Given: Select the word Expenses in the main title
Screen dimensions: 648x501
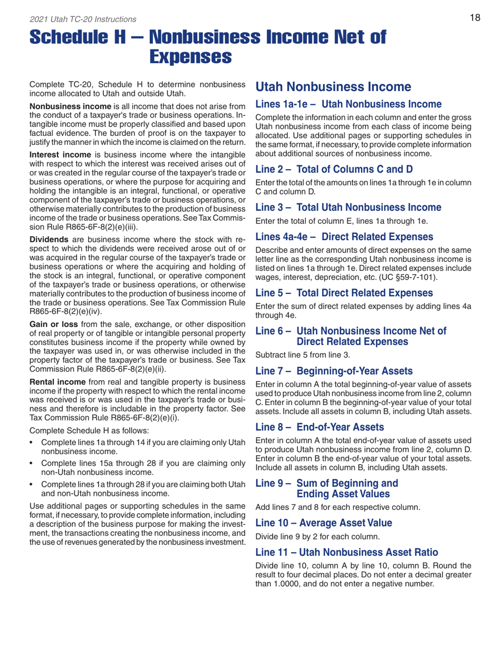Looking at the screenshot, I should click(188, 55).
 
